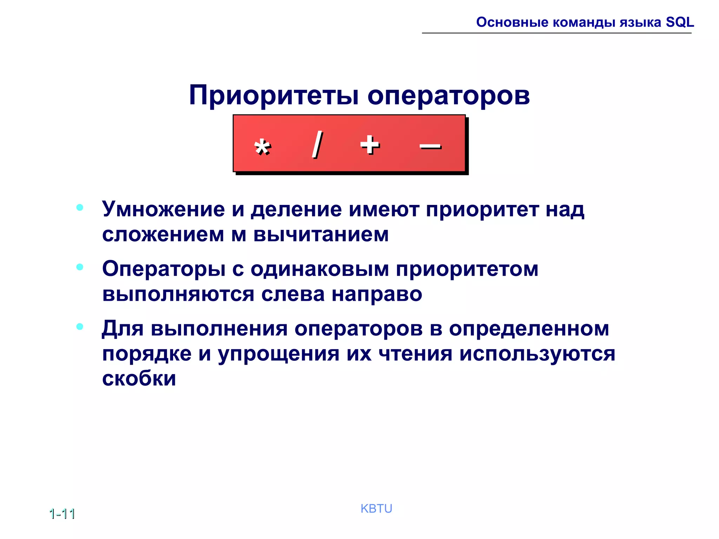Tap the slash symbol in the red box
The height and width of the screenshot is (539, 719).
point(317,144)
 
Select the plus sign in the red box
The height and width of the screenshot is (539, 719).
point(370,145)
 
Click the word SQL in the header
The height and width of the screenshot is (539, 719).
point(680,22)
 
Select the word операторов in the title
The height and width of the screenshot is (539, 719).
point(448,95)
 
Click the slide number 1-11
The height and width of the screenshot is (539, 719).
point(62,514)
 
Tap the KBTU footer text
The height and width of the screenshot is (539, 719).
point(376,508)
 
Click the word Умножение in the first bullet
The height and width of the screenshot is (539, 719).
point(163,209)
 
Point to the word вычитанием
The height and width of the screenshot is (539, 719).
point(321,234)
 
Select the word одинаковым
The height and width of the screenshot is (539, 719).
point(320,269)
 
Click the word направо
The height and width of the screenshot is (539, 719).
point(377,294)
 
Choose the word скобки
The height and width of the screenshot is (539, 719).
point(139,378)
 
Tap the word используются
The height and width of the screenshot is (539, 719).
point(537,354)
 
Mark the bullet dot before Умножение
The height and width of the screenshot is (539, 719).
point(80,207)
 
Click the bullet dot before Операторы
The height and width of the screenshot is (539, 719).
point(80,267)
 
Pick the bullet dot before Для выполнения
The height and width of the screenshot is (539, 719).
point(80,327)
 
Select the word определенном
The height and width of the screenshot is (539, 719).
point(529,329)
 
